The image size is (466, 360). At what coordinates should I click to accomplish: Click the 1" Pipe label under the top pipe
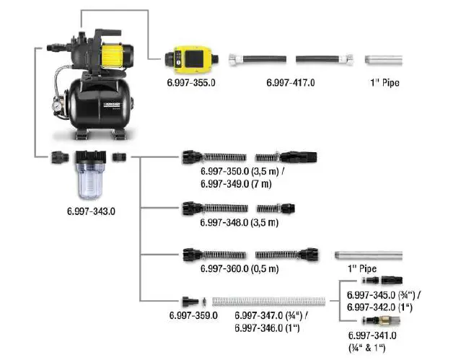pos(382,84)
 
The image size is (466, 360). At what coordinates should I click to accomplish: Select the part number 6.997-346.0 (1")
pos(268,328)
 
